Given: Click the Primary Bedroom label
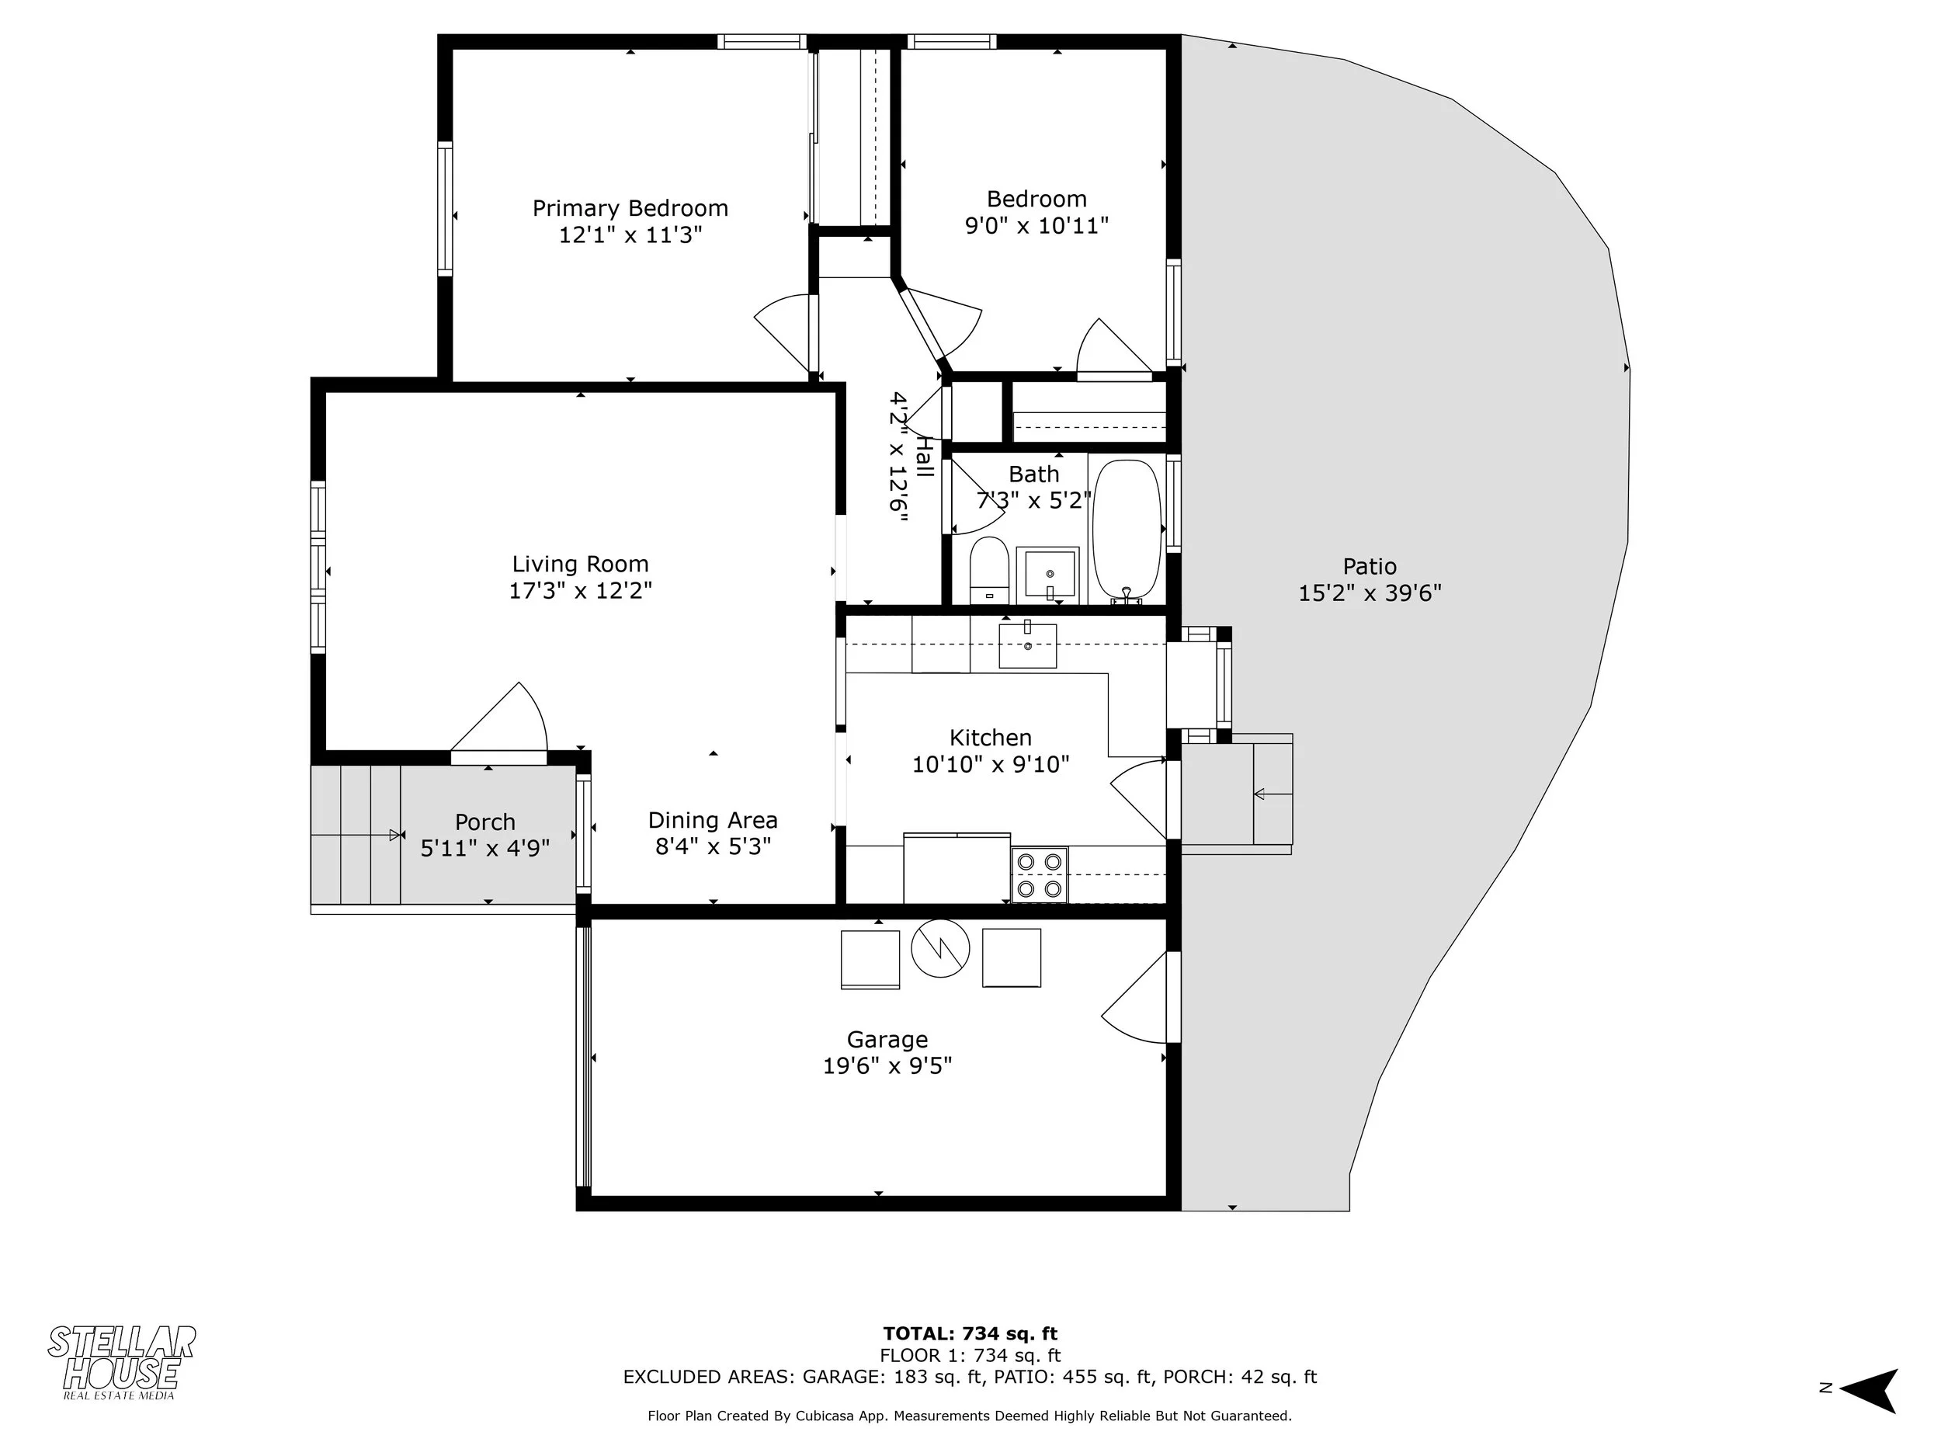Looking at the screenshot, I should [630, 208].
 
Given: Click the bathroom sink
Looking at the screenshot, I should [1047, 575].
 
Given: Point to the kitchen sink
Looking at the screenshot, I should [1027, 645].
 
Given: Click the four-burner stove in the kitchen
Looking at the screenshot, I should [1040, 874].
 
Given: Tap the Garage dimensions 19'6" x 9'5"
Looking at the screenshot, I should [887, 1065].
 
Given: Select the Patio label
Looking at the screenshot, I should [1369, 566].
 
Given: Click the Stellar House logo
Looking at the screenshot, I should [121, 1361].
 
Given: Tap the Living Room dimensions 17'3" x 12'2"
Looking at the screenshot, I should [580, 589].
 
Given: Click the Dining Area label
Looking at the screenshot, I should [713, 820].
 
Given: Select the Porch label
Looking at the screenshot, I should [484, 822].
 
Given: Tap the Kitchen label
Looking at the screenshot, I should [990, 737].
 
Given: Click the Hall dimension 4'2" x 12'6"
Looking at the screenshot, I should [898, 457].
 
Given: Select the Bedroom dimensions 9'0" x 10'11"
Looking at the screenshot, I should [1036, 225].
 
